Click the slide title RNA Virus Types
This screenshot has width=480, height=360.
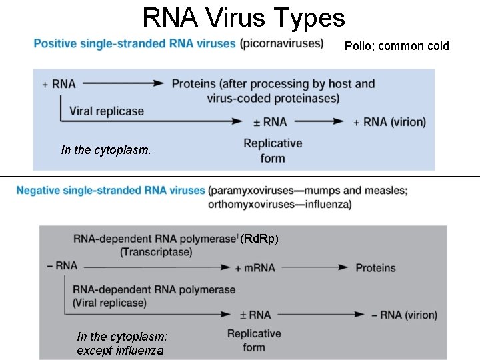(x=243, y=18)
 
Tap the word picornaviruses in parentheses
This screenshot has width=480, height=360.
(x=282, y=44)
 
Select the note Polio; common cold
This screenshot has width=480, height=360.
(x=397, y=46)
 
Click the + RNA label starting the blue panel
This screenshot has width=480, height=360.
(x=59, y=84)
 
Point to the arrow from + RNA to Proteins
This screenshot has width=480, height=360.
(x=124, y=84)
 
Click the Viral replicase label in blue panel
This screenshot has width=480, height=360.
(x=107, y=111)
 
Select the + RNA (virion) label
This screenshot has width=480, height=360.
(x=389, y=122)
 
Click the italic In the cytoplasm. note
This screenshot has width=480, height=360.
(x=106, y=150)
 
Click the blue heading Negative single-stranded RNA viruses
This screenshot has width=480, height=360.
(x=111, y=191)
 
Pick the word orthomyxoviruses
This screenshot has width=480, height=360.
(x=251, y=204)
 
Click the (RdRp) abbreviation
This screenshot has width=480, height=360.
(x=259, y=239)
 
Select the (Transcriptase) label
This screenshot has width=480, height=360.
(x=156, y=252)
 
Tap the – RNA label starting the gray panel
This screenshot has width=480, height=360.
(x=63, y=266)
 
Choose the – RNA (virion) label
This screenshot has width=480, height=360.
(x=404, y=315)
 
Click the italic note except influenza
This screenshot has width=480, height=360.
(x=120, y=350)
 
